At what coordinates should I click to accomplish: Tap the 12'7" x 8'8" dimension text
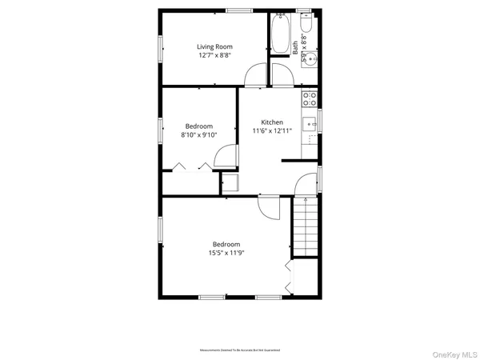pos(214,55)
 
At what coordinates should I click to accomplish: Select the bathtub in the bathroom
pos(280,34)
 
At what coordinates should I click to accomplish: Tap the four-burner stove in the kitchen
pos(309,99)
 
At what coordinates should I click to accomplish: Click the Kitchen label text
pos(272,122)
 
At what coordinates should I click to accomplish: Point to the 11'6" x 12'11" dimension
pos(272,130)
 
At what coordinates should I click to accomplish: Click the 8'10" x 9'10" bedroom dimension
pos(199,135)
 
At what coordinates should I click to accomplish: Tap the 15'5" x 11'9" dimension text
pos(226,253)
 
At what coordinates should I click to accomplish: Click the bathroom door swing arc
pos(282,75)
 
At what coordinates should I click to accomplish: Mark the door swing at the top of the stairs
pos(306,185)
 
